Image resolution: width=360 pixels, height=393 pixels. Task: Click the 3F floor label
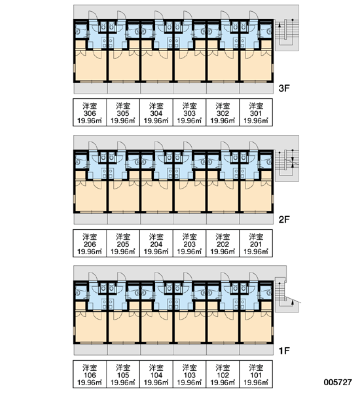tap(284, 88)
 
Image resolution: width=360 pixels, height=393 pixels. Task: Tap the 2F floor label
tap(284, 219)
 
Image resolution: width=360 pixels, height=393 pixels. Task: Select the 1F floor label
tap(284, 351)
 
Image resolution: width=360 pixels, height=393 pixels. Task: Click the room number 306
tap(90, 113)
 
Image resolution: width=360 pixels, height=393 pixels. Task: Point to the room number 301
tap(256, 113)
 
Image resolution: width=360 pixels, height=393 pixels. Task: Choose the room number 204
tap(156, 244)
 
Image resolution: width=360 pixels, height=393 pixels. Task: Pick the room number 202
tap(223, 244)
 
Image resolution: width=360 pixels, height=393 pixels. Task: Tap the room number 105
tap(123, 375)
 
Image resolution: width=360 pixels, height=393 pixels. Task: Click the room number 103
tap(189, 375)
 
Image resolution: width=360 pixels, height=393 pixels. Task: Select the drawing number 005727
tap(338, 383)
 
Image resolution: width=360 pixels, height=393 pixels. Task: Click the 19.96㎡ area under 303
tap(189, 121)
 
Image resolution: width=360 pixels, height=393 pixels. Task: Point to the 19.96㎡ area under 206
tap(90, 252)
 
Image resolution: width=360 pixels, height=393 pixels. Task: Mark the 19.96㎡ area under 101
tap(256, 383)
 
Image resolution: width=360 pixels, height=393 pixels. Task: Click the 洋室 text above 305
tap(123, 106)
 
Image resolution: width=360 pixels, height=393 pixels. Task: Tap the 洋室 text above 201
tap(256, 237)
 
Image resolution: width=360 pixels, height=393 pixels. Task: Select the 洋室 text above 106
tap(90, 367)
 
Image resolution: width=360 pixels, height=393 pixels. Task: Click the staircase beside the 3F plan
tap(287, 35)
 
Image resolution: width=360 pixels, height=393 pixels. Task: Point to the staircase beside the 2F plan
tap(287, 166)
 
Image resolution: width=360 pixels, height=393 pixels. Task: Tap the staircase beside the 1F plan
tap(287, 295)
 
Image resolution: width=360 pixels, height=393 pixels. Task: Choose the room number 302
tap(223, 113)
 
